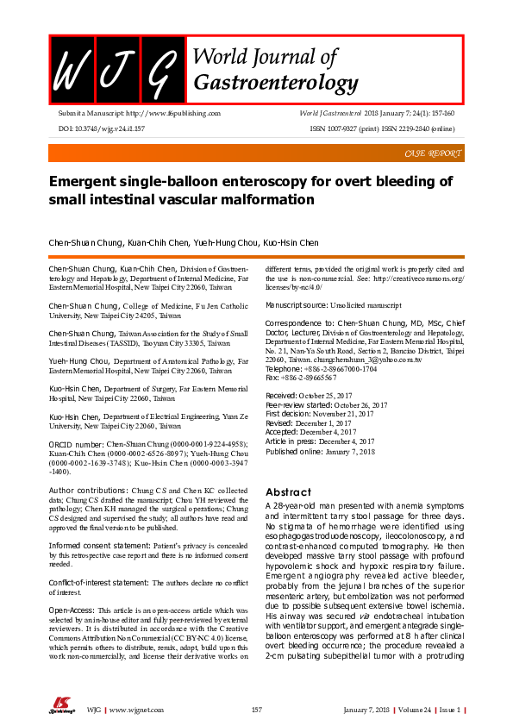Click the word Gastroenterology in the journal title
tap(275, 83)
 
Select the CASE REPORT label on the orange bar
tap(432, 153)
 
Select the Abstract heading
tap(288, 491)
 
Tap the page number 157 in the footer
tap(256, 709)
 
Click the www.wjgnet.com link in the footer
tap(135, 709)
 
